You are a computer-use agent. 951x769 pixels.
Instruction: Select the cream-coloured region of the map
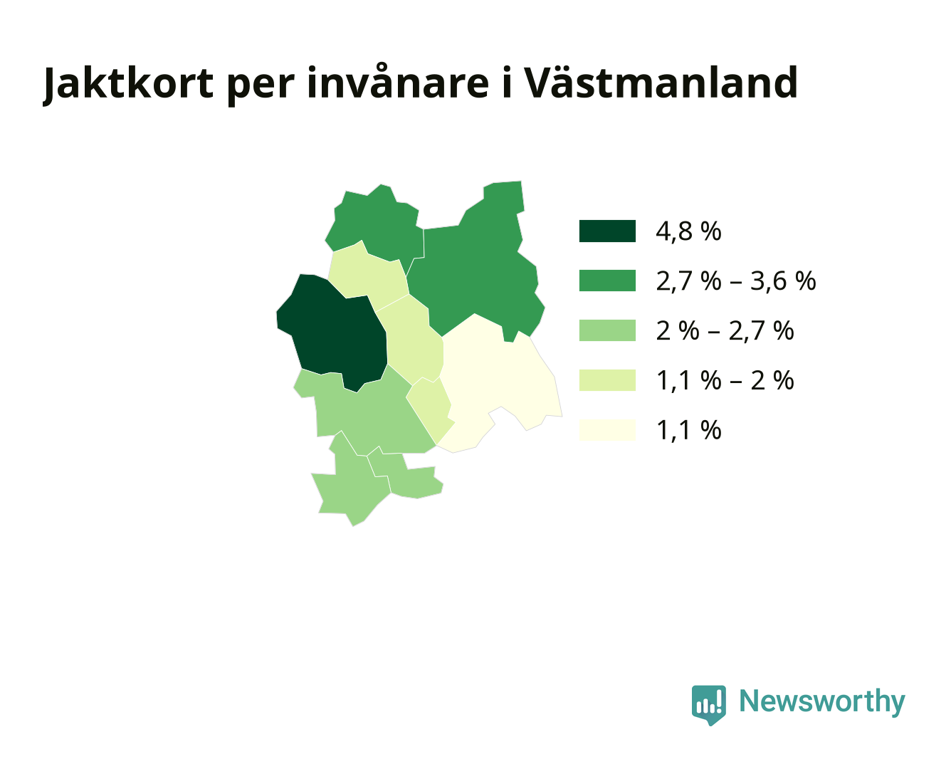(495, 384)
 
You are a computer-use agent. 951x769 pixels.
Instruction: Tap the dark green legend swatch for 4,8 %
(607, 231)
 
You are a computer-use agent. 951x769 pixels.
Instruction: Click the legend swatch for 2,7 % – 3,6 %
(607, 281)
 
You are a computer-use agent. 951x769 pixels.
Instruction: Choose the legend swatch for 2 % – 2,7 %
(607, 330)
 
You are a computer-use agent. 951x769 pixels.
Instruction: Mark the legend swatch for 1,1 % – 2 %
(607, 380)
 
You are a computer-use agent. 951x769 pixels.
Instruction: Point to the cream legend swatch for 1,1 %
(607, 430)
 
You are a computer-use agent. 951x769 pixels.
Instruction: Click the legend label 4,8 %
(688, 232)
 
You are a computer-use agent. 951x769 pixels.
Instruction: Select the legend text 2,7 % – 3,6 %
(736, 281)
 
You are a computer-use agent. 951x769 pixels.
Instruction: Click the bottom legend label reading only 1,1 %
(688, 431)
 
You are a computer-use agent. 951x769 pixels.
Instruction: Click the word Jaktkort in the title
(128, 83)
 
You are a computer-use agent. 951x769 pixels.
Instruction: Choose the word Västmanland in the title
(660, 82)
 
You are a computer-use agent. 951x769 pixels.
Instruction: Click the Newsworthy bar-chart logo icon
(708, 705)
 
